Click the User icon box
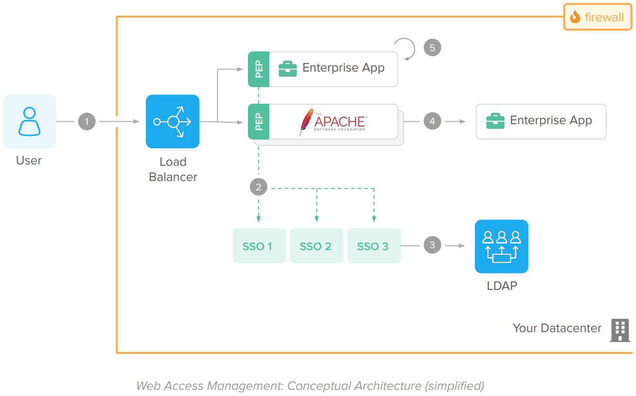pos(29,121)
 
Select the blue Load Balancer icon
pos(173,122)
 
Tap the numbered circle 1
pos(87,122)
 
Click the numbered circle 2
pos(258,187)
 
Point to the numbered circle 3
pos(432,245)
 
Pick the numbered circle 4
pos(432,121)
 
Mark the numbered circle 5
pos(432,47)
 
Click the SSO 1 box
pos(259,246)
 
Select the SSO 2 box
pos(316,246)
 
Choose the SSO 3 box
pos(374,246)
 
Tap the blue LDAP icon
pos(501,246)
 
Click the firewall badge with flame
pos(597,18)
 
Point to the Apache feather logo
pos(306,122)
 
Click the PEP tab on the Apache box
pos(259,122)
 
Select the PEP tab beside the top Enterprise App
pos(259,69)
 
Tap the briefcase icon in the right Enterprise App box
pos(495,121)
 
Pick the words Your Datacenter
pos(557,328)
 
